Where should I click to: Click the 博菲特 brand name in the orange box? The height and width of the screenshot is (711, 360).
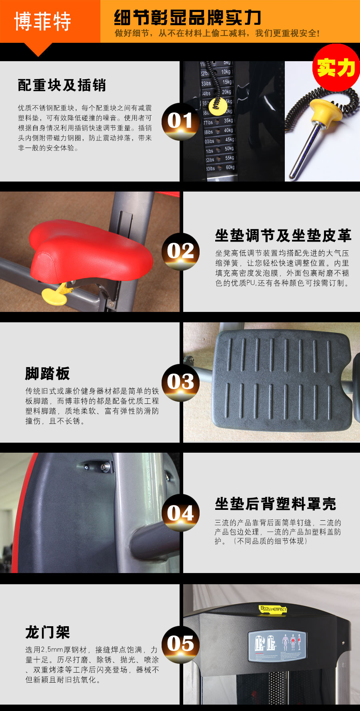(x=42, y=21)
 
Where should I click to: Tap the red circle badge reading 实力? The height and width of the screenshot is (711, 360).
(x=336, y=68)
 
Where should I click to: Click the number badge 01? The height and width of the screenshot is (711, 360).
(x=180, y=121)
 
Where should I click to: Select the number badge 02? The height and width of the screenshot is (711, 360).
(x=180, y=252)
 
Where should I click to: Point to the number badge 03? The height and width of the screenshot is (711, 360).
(x=180, y=382)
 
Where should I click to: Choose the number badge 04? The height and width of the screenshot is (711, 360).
(x=180, y=513)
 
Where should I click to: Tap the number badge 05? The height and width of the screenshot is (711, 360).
(x=180, y=643)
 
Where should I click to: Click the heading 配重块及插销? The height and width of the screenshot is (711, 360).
(x=62, y=85)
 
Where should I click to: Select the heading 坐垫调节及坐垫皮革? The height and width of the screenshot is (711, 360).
(x=283, y=236)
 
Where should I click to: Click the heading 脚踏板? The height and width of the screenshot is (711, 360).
(x=48, y=373)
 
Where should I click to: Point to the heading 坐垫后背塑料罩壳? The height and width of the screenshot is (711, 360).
(x=275, y=504)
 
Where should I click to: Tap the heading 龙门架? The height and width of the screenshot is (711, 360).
(x=48, y=633)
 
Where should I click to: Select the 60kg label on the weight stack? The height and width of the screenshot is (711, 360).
(x=230, y=167)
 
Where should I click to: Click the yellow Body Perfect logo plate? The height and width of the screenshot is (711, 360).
(x=273, y=609)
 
